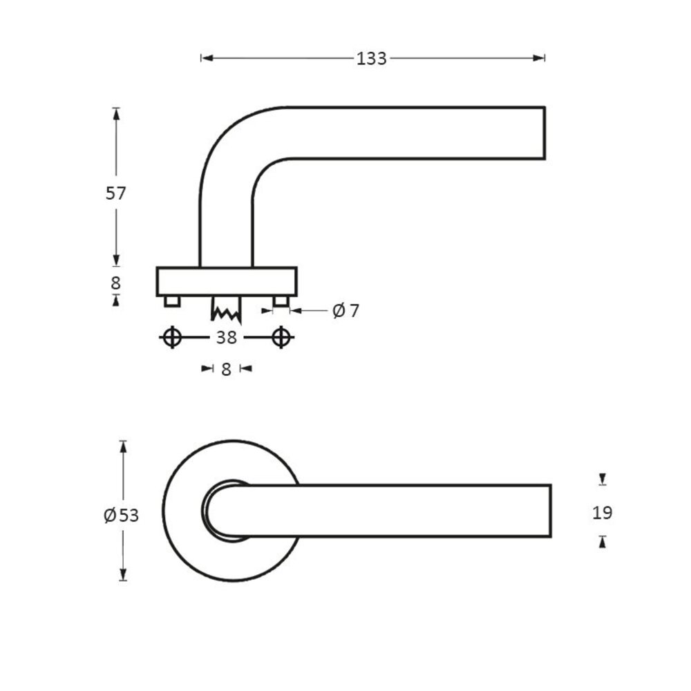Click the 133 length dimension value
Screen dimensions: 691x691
tap(372, 59)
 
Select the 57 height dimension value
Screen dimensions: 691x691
tap(115, 193)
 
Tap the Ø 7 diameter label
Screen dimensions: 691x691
tap(346, 311)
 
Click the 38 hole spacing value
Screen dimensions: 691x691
tap(226, 337)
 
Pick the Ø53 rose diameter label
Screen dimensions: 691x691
tap(122, 515)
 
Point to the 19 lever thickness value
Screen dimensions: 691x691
tap(603, 513)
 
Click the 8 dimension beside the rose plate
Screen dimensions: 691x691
tap(115, 283)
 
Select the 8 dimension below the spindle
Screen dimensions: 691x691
tap(226, 369)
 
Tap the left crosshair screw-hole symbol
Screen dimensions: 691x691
tap(172, 337)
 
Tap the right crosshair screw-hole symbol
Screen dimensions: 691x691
tap(280, 337)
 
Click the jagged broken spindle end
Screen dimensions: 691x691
tap(227, 313)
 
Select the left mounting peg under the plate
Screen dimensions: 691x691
tap(172, 301)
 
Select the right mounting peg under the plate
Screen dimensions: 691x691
tap(280, 301)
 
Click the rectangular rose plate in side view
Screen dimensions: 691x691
tap(227, 281)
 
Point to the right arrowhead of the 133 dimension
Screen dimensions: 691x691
tap(541, 59)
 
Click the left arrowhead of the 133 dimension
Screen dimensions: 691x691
tap(205, 59)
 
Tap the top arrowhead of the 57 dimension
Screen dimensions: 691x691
tap(115, 112)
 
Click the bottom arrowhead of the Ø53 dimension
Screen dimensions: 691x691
tap(123, 576)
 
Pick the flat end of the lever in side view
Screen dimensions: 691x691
tap(545, 133)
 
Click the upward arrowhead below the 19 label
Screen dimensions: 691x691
tap(603, 542)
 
